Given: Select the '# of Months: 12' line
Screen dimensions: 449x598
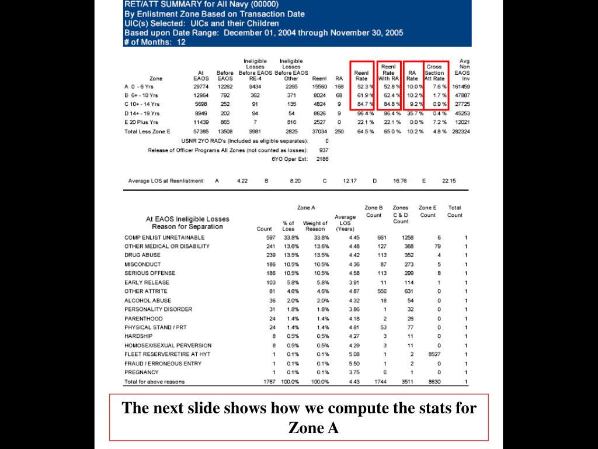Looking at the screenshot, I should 155,42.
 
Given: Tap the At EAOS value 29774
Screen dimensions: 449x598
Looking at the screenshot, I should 201,87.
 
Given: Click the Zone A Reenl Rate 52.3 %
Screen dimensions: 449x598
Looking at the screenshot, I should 364,87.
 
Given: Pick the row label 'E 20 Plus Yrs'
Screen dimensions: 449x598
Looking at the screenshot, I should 141,122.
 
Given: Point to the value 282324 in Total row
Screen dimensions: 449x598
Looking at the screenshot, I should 461,132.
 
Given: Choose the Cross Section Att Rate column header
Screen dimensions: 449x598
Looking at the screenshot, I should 434,72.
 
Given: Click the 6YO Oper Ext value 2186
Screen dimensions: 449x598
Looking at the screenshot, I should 322,158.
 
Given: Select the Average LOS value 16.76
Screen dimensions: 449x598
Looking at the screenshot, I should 400,181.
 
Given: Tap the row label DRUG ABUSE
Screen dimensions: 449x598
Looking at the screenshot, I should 142,255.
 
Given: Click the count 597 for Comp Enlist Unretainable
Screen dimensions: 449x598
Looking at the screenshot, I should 270,237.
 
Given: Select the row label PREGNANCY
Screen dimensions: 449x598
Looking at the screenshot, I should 141,372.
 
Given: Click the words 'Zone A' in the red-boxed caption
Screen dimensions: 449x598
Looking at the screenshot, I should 314,429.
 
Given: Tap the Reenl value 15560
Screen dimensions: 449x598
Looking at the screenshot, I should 319,87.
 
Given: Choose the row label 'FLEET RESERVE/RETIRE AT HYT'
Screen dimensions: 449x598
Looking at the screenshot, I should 167,354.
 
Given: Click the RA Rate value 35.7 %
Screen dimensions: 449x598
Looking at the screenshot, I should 412,113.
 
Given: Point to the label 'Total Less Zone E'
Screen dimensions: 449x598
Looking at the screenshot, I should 147,132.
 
